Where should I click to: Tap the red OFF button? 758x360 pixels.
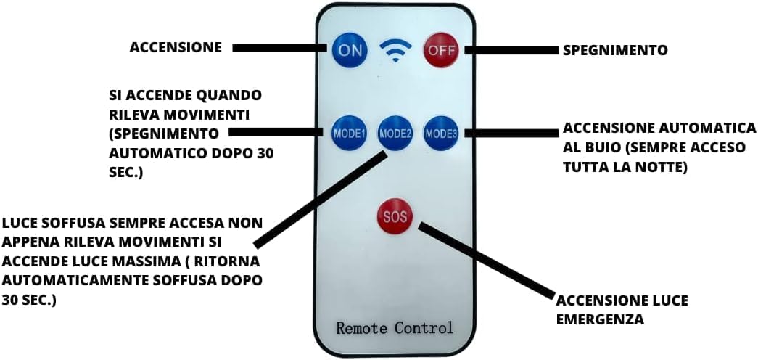(440, 50)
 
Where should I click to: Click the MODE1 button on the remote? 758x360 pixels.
(350, 133)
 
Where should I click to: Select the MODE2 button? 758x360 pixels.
(395, 134)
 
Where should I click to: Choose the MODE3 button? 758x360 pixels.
(441, 133)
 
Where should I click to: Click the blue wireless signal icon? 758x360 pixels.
(395, 52)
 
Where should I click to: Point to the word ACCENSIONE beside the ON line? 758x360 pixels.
(176, 48)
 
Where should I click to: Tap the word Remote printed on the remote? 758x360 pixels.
(362, 327)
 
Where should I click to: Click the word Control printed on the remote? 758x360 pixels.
(424, 327)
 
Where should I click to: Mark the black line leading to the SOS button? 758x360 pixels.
(486, 261)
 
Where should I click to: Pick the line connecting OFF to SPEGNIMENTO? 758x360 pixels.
(512, 50)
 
